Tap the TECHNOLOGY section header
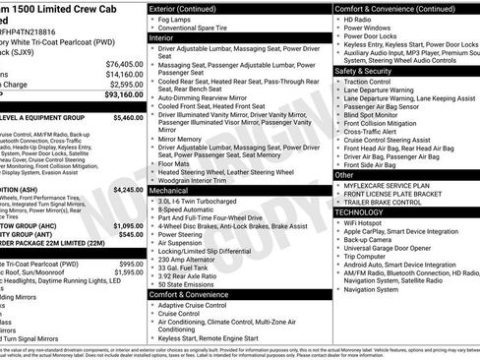tap(358, 211)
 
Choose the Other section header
tap(346, 175)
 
